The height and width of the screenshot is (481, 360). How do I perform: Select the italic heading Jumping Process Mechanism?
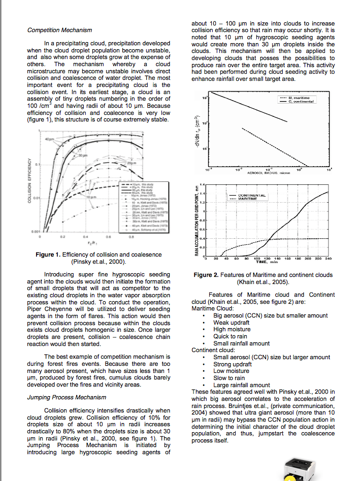67,397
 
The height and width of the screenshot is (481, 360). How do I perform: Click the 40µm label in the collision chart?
49,139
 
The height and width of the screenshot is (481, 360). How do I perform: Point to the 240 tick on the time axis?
328,259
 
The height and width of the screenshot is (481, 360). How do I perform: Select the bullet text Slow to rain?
229,378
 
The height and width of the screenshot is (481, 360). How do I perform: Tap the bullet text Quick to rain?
231,336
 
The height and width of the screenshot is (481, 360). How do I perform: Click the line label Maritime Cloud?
213,308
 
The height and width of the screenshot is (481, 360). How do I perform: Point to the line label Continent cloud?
213,350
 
